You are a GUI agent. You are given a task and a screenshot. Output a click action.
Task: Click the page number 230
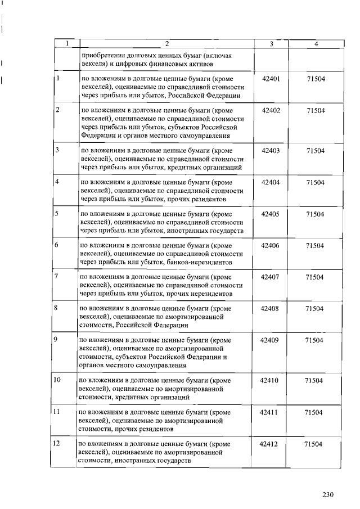click(x=328, y=495)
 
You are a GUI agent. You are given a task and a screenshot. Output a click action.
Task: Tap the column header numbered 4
click(x=316, y=44)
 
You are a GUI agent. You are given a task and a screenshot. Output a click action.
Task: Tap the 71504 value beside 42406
click(x=314, y=246)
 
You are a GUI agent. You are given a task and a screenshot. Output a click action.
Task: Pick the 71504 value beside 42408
click(x=314, y=309)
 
